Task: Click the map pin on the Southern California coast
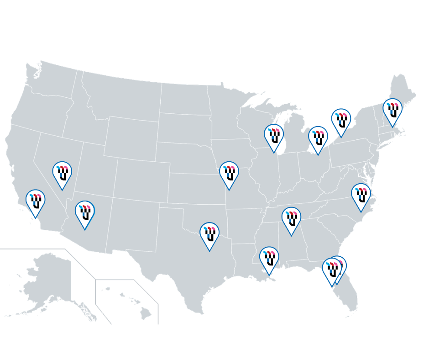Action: coord(35,201)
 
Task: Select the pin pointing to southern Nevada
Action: coord(62,173)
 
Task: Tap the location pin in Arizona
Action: coord(85,212)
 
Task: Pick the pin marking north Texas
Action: coord(209,234)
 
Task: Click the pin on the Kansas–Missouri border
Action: coord(229,173)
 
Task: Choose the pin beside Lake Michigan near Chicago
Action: coord(274,136)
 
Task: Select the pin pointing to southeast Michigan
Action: coord(318,138)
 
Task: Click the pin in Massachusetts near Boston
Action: coord(392,110)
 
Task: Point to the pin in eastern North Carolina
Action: coord(361,195)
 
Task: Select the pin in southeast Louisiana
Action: coord(269,258)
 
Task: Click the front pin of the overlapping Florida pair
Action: coord(332,270)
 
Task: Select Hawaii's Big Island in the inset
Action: coord(146,313)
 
